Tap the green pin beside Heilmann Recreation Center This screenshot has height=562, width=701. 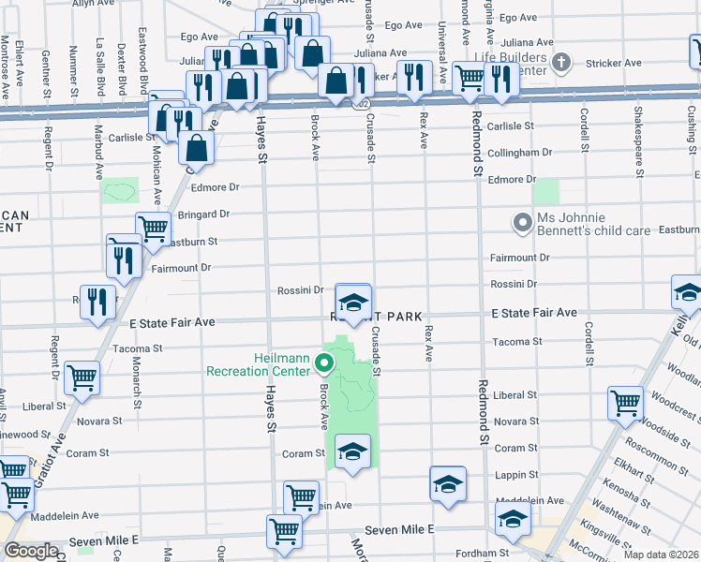(x=326, y=363)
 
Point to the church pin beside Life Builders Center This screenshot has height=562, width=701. (x=560, y=64)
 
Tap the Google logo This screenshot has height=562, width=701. (x=31, y=551)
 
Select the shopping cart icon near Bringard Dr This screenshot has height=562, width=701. (x=153, y=227)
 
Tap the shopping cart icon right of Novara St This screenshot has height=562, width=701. (x=625, y=403)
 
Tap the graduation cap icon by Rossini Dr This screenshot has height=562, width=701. (x=353, y=302)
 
